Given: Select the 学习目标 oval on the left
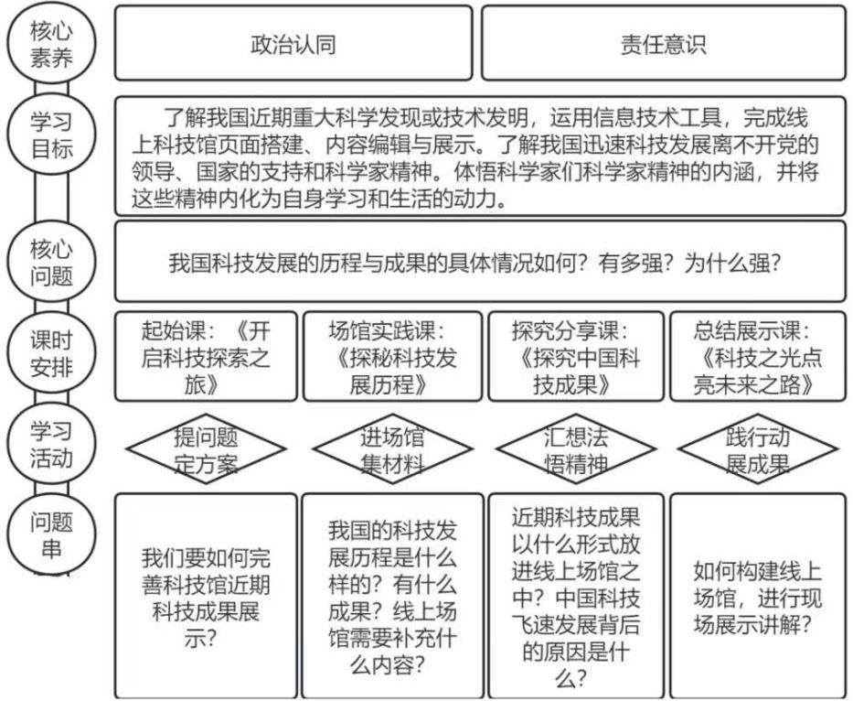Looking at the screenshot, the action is (x=52, y=135).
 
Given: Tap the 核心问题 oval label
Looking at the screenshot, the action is (x=52, y=264).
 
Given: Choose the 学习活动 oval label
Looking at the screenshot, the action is (x=52, y=443).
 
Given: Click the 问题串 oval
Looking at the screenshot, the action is (x=52, y=534).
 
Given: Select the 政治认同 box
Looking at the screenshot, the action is (x=293, y=44).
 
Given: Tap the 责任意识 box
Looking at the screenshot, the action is (x=663, y=44).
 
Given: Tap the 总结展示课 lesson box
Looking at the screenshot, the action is (x=758, y=357).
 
